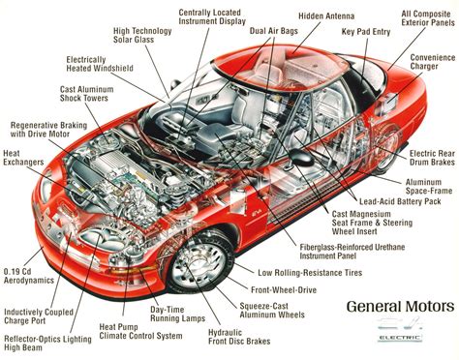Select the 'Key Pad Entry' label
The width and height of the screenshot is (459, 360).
(365, 31)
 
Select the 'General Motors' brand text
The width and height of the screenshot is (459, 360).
(399, 307)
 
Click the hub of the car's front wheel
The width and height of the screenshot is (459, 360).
(197, 257)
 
